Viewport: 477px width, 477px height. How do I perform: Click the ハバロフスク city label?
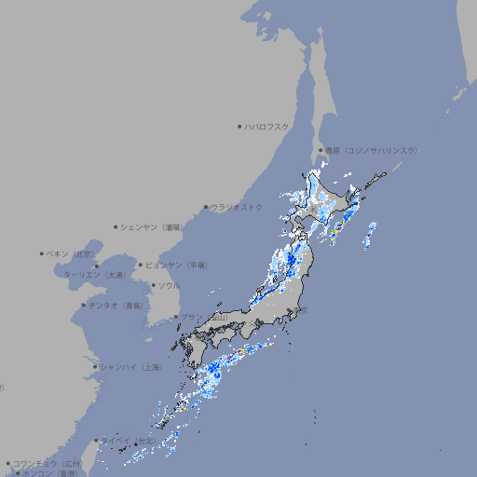[x=266, y=126]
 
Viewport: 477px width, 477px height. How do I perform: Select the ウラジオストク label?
[x=237, y=207]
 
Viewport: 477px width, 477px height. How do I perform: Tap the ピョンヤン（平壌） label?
[x=176, y=265]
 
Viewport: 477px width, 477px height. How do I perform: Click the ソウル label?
[x=169, y=285]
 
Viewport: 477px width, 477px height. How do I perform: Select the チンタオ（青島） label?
[x=116, y=305]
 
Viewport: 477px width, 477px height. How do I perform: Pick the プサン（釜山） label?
[x=203, y=317]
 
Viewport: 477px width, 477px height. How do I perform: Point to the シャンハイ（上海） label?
[x=130, y=367]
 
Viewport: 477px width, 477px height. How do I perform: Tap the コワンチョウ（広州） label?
[x=48, y=463]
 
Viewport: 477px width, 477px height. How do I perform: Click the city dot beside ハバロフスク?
[x=239, y=126]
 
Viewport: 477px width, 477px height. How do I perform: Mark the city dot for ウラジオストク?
[x=206, y=208]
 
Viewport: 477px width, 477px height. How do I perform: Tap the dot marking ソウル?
[x=153, y=285]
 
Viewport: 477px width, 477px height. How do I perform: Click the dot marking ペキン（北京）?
[x=42, y=253]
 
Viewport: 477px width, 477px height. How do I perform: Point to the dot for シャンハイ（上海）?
[x=94, y=367]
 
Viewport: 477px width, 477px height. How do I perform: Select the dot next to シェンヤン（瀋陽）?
[x=116, y=226]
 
